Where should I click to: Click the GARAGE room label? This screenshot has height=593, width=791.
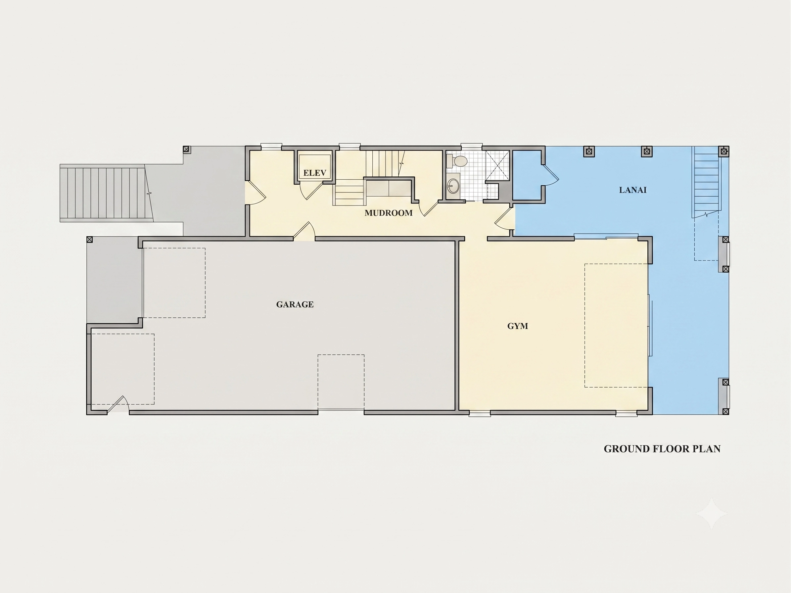[x=295, y=304]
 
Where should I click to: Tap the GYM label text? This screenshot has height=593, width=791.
[x=517, y=326]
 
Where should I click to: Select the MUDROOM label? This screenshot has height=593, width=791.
[x=388, y=213]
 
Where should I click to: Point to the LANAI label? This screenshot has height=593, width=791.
[x=632, y=190]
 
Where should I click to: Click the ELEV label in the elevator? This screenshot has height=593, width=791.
[x=315, y=173]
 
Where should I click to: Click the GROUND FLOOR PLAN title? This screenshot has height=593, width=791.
[x=662, y=449]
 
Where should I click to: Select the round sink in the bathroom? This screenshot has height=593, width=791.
[x=453, y=186]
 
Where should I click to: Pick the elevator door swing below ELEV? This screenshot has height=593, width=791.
[x=310, y=191]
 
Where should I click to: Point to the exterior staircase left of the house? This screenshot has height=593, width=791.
[x=106, y=193]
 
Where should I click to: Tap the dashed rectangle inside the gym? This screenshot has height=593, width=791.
[x=616, y=325]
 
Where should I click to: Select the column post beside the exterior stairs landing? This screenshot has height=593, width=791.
[x=186, y=150]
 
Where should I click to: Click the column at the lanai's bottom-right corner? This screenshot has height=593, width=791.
[x=725, y=411]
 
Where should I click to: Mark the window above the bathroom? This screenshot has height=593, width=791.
[x=471, y=146]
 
